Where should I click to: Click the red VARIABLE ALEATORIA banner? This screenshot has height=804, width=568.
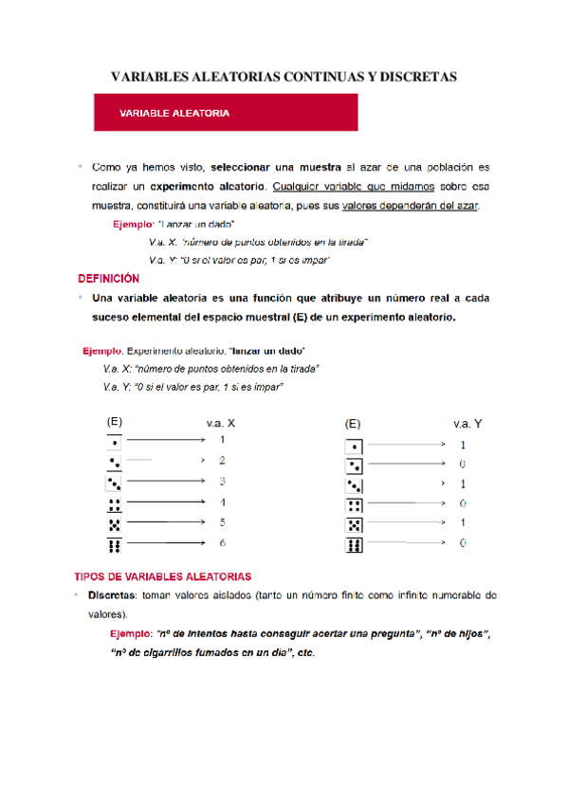click(225, 113)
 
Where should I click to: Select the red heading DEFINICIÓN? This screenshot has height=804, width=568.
click(108, 279)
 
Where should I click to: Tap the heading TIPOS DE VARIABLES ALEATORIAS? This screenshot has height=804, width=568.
click(163, 576)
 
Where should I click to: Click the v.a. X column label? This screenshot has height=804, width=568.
click(220, 424)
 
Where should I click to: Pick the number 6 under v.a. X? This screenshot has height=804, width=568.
click(222, 543)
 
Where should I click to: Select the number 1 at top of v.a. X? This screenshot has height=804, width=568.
click(222, 440)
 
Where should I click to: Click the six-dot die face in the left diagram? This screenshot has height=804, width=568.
click(114, 544)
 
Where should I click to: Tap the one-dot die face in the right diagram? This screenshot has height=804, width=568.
click(354, 446)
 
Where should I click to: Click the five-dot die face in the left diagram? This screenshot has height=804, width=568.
click(114, 523)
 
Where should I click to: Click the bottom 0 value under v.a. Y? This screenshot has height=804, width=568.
click(463, 544)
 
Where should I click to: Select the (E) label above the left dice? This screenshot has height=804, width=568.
click(114, 421)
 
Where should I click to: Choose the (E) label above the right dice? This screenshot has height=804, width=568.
click(353, 425)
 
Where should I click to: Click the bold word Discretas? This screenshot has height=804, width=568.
click(110, 595)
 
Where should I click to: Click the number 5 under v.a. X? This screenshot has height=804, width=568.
click(222, 522)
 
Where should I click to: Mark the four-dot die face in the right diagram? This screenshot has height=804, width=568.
click(354, 504)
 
